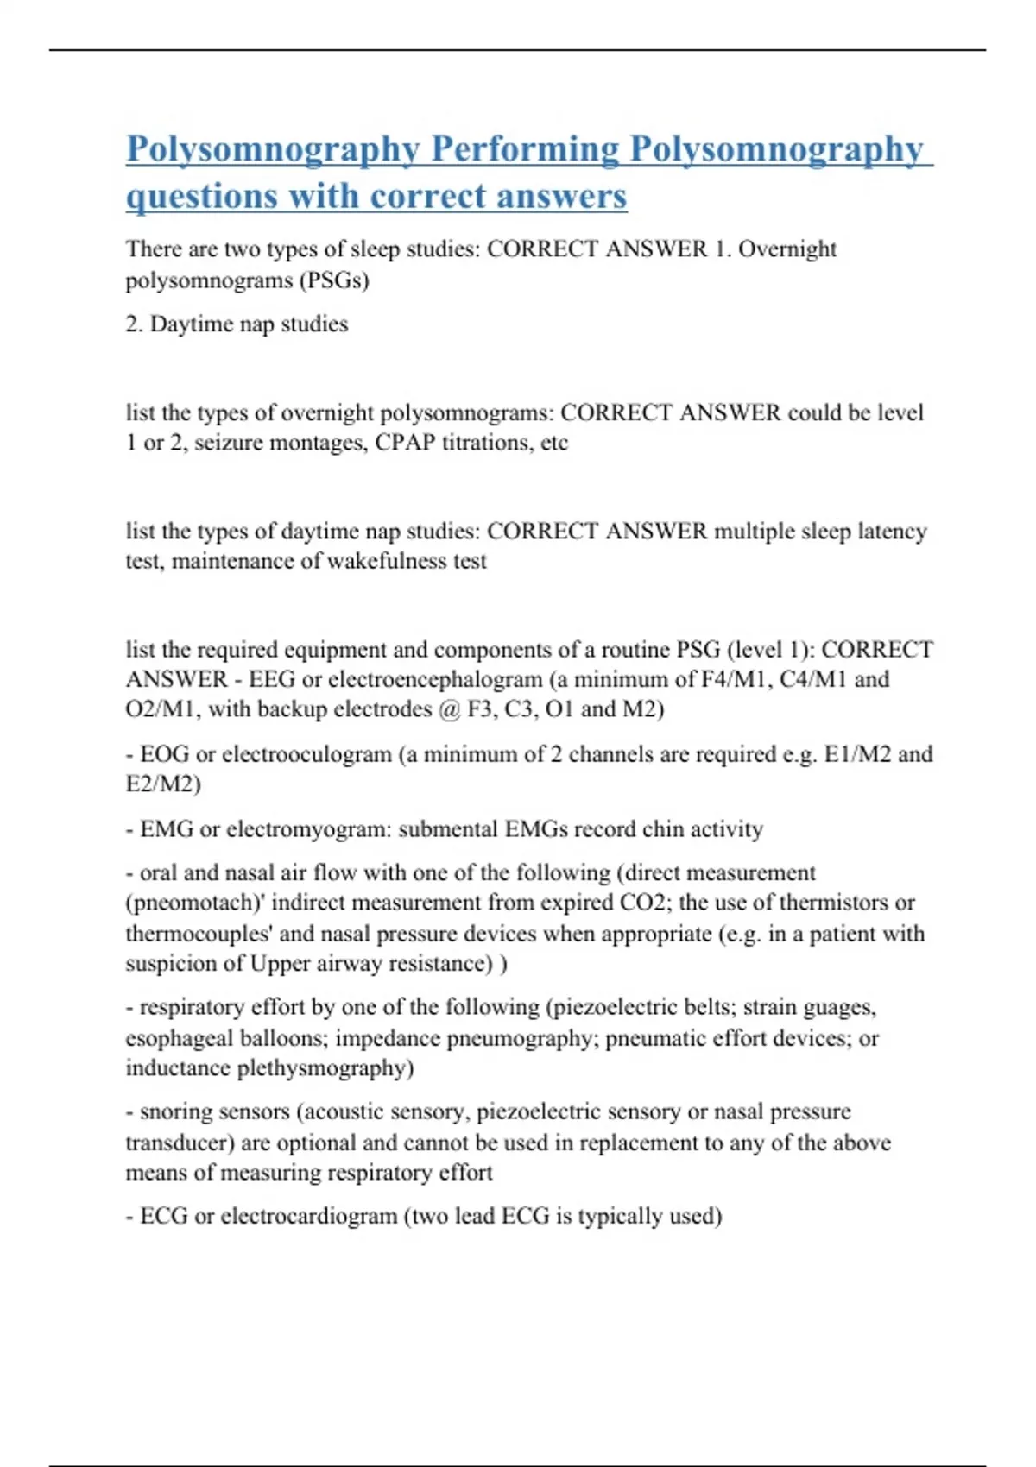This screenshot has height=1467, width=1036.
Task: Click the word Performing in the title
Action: point(525,148)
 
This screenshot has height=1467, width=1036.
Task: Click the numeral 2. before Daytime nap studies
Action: point(134,324)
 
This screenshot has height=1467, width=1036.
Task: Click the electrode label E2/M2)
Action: point(163,784)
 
